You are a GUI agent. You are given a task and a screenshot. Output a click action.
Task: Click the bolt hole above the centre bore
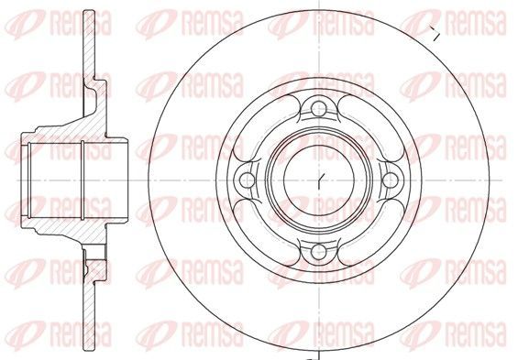pos(319,109)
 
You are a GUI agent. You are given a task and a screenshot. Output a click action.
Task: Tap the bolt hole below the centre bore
pos(319,251)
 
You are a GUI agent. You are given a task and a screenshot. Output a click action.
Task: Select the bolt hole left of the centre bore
pos(248,180)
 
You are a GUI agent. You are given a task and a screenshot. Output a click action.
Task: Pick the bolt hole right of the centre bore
pos(391,180)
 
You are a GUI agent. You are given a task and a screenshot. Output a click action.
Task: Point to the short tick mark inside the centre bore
pos(320,180)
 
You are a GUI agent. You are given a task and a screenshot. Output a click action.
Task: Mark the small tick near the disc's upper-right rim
pos(435,33)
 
